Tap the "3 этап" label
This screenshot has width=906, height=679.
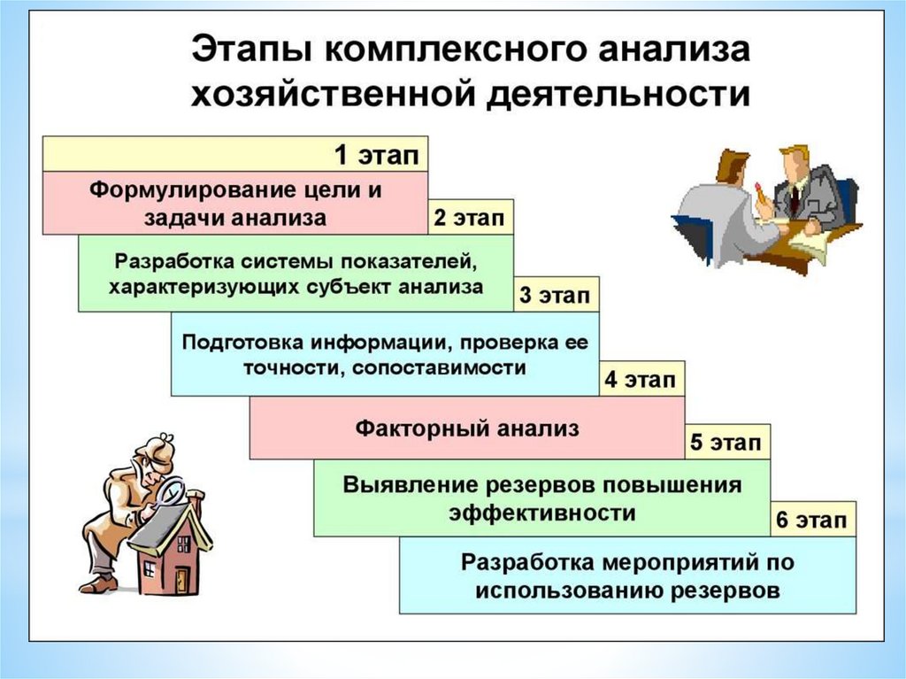click(555, 296)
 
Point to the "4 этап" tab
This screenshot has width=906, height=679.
click(641, 382)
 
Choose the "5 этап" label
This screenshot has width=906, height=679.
click(726, 443)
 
